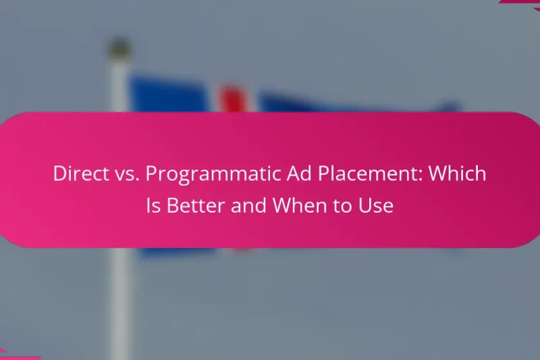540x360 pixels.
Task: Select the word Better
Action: [x=195, y=205]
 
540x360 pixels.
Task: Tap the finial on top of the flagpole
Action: [x=119, y=49]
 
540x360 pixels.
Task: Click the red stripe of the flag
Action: [x=233, y=99]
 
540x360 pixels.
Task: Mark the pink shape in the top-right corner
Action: [x=523, y=3]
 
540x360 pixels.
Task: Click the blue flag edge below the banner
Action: [x=175, y=251]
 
